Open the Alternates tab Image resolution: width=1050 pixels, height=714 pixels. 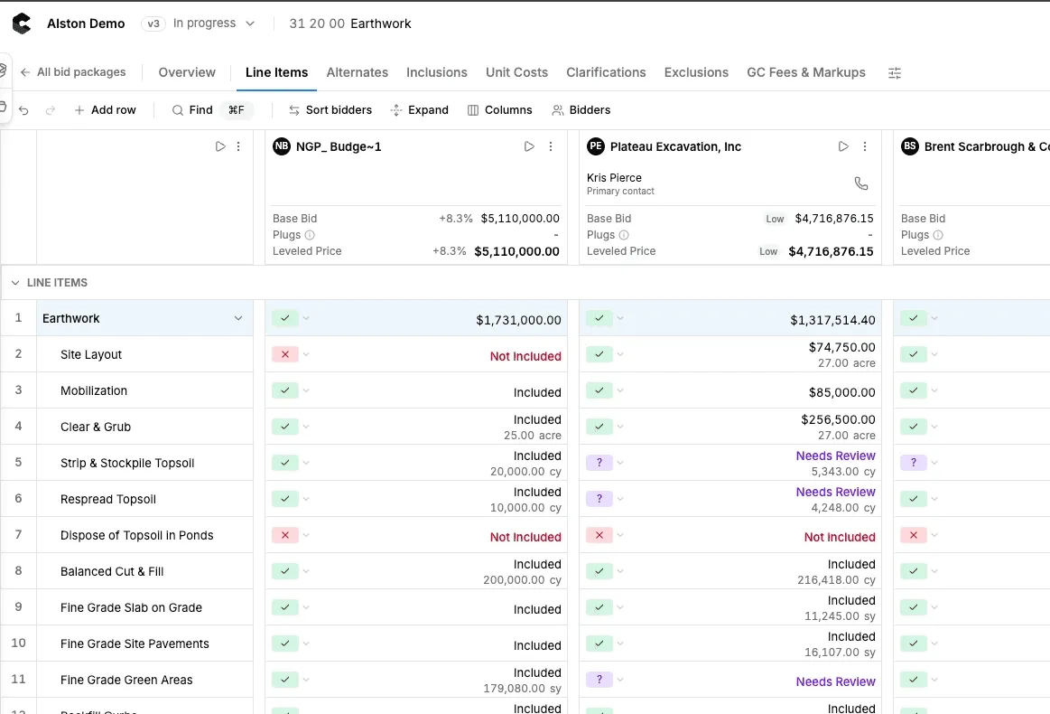point(357,72)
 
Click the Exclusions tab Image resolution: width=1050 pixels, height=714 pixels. point(696,72)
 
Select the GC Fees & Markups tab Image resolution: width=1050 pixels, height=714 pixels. point(805,72)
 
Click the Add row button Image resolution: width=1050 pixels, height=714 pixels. point(105,110)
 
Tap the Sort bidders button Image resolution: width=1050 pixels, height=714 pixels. point(330,110)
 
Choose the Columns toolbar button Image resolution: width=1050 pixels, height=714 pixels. point(499,110)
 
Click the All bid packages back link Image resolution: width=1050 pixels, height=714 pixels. point(73,72)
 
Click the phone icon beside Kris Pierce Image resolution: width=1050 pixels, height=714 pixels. point(861,183)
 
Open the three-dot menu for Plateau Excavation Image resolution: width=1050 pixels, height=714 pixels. point(865,146)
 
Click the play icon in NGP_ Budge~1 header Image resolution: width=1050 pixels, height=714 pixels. point(529,146)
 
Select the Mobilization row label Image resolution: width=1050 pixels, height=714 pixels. point(94,390)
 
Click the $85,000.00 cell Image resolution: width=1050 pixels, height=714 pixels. point(841,392)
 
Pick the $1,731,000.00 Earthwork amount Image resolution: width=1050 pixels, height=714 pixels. point(518,320)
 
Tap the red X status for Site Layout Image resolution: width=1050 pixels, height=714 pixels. point(285,354)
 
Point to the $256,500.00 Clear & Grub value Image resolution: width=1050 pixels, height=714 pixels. point(838,419)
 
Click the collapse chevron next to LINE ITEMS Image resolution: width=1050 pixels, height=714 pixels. point(15,283)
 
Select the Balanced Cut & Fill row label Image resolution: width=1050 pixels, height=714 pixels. point(112,572)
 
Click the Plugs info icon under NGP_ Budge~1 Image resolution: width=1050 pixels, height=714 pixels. point(310,235)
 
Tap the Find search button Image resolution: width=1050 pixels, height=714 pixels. point(192,110)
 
